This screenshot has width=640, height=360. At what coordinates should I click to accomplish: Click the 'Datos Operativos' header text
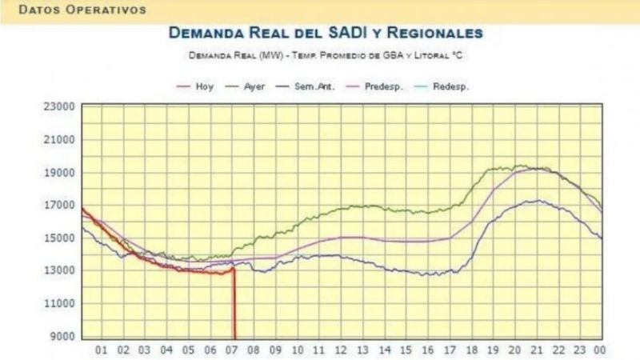coord(82,10)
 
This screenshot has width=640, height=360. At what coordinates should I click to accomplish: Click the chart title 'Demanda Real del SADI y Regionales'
coord(325,34)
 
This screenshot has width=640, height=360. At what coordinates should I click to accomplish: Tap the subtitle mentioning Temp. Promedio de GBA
coord(325,55)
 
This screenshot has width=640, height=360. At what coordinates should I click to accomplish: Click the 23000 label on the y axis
coord(58,106)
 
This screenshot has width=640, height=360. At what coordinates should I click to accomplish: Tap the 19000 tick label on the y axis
coord(58,173)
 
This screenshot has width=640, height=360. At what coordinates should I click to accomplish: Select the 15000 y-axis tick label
coord(58,238)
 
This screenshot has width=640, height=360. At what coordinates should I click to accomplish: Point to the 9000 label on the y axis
coord(62,337)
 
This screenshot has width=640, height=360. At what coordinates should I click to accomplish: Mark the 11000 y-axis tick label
coord(58,304)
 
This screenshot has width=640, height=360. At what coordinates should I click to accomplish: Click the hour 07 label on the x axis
coord(233,350)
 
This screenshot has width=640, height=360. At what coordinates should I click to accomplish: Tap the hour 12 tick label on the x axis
coord(341,350)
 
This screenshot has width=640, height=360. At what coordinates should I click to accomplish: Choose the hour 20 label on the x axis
coord(514,350)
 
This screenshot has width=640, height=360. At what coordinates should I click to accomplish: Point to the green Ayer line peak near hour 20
coord(519,166)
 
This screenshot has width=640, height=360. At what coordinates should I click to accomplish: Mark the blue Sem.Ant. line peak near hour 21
coord(539,201)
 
